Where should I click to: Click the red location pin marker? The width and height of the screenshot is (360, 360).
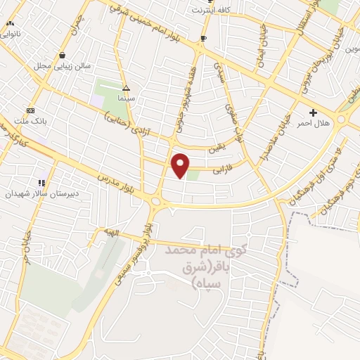coord(181,165)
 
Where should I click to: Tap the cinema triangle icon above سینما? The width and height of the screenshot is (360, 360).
coord(127,89)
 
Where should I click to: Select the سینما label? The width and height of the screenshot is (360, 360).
coord(127,100)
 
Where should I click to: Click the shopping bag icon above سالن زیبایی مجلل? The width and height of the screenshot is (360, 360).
coord(63,55)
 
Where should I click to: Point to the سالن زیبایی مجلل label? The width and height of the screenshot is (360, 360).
coord(63,65)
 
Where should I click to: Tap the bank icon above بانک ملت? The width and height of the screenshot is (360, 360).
coord(30,110)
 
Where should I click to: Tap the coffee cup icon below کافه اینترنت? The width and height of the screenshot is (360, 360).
coord(204,38)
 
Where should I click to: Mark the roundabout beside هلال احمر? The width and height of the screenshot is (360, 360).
coord(342,120)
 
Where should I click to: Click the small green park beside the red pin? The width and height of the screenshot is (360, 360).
coord(192,174)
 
